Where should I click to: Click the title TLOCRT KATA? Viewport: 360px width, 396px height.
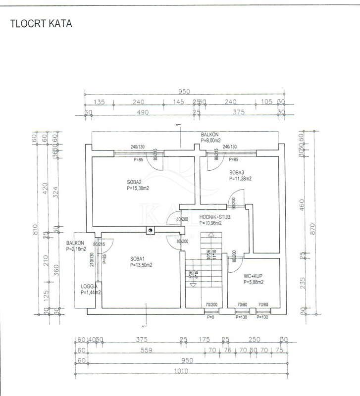point(41,24)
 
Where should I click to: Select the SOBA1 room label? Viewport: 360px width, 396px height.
point(138,258)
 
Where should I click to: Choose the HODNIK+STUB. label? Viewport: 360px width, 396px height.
point(216,217)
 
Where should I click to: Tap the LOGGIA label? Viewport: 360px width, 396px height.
point(90,286)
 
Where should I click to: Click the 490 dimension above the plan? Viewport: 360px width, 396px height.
point(143,113)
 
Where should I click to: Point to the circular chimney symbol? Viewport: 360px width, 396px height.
point(150,230)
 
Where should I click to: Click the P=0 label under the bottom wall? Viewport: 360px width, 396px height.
point(210,317)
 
